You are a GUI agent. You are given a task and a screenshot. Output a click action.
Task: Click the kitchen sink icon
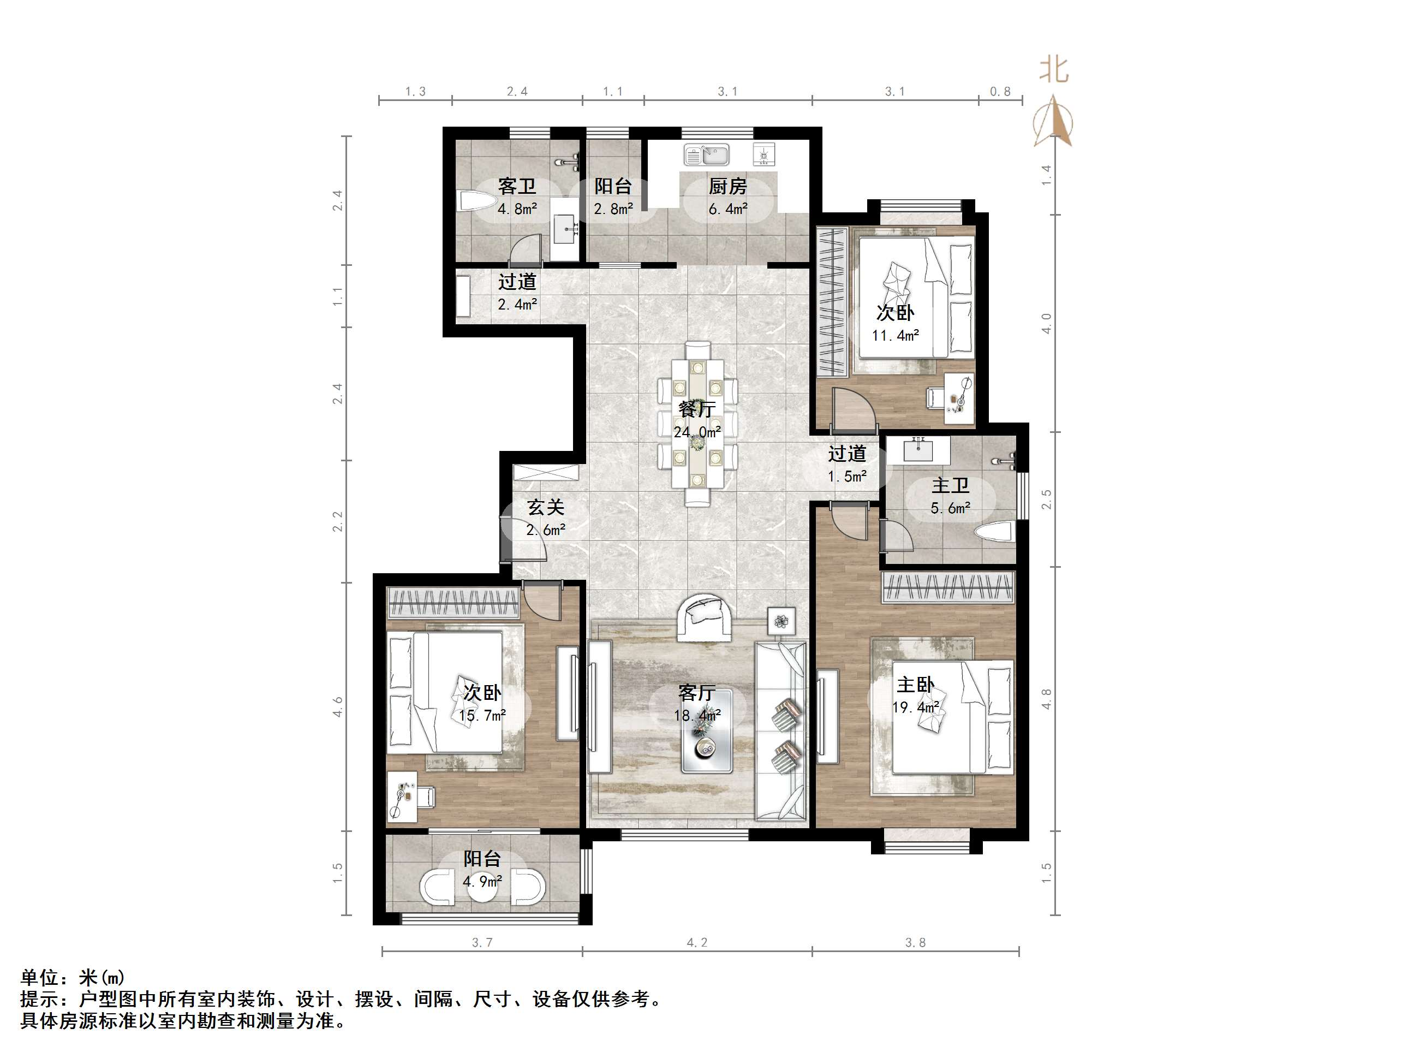pyautogui.click(x=706, y=154)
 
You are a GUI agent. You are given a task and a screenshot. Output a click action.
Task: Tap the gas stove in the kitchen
pyautogui.click(x=765, y=154)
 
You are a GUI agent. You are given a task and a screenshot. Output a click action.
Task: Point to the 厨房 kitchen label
pyautogui.click(x=727, y=186)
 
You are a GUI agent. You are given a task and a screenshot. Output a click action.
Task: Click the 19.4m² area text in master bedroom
pyautogui.click(x=915, y=707)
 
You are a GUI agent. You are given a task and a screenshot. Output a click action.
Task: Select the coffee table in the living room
pyautogui.click(x=707, y=731)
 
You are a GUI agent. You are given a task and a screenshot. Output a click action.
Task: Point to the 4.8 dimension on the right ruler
pyautogui.click(x=1046, y=699)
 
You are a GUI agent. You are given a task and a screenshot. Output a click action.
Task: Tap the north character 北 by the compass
pyautogui.click(x=1053, y=70)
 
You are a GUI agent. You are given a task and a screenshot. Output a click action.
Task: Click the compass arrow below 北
pyautogui.click(x=1053, y=121)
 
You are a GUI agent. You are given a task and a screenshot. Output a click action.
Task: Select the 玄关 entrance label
pyautogui.click(x=546, y=507)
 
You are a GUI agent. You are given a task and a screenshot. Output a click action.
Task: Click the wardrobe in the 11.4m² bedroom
pyautogui.click(x=832, y=301)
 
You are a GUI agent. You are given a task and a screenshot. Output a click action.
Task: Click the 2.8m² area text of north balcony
pyautogui.click(x=613, y=209)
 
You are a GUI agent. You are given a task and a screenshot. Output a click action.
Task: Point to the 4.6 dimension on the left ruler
pyautogui.click(x=338, y=706)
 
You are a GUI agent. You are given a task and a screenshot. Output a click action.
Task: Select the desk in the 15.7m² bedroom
pyautogui.click(x=402, y=797)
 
